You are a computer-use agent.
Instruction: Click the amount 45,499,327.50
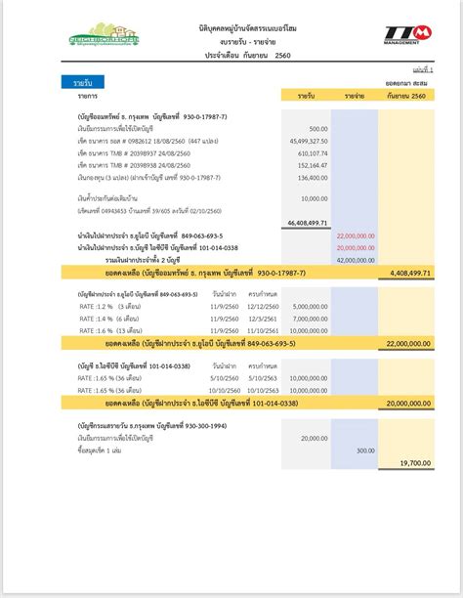[308, 141]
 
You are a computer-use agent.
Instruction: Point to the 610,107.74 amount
[312, 153]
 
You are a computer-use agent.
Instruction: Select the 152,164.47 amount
[312, 165]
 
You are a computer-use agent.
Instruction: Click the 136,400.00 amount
[312, 178]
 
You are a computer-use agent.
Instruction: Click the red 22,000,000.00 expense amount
[356, 236]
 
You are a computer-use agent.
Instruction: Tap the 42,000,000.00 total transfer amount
[356, 260]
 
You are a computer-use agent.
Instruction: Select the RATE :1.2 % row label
[101, 306]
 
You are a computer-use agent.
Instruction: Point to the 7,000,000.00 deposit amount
[310, 319]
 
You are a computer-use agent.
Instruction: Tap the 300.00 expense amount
[364, 450]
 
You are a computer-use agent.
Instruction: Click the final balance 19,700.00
[414, 463]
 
